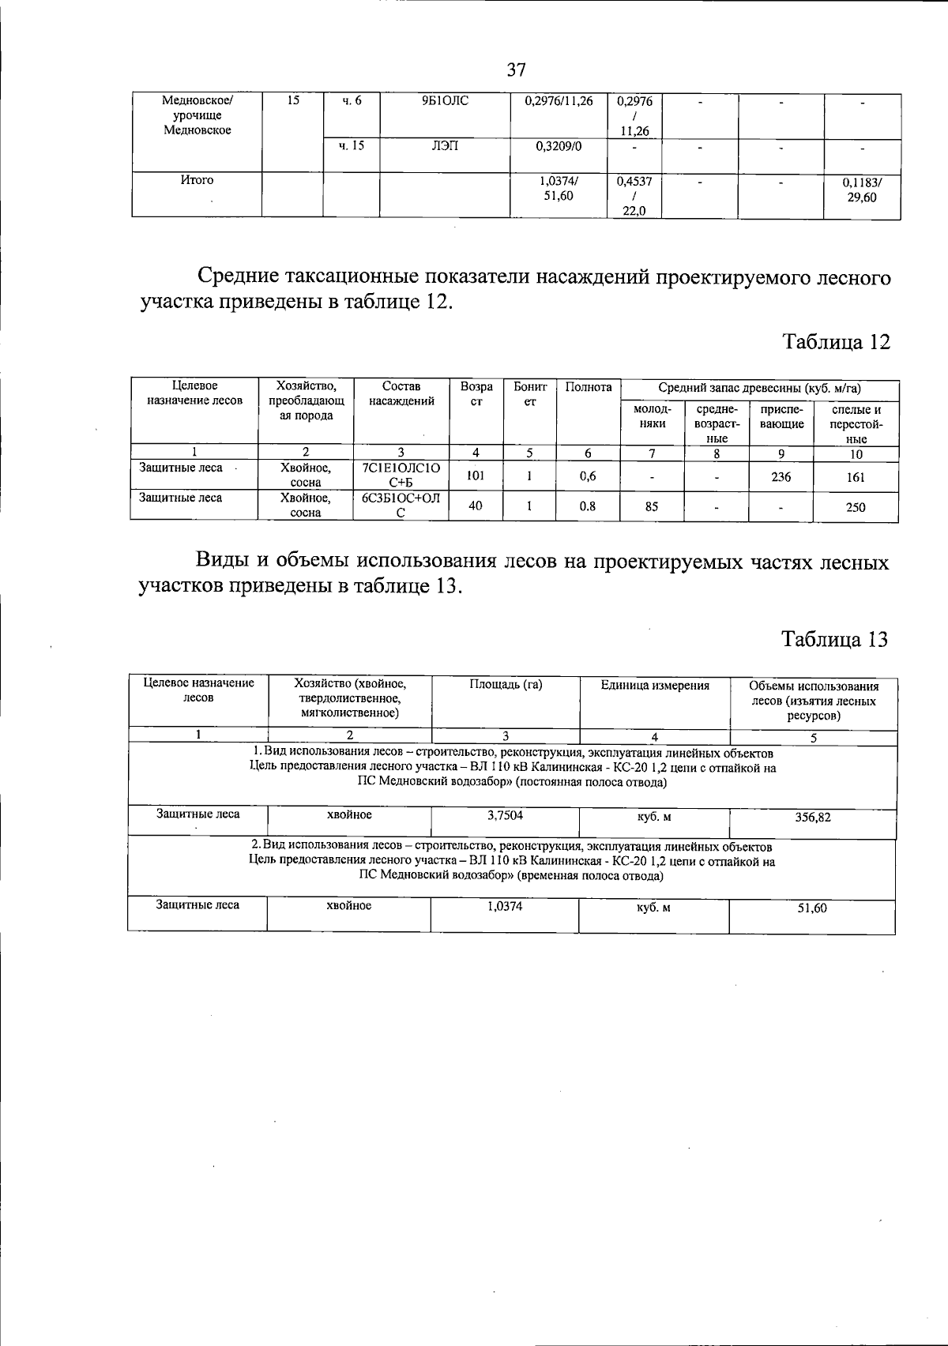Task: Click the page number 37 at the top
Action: click(x=516, y=70)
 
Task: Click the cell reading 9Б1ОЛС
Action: click(x=445, y=101)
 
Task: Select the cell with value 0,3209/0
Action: click(x=559, y=146)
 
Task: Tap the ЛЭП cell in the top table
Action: click(x=445, y=146)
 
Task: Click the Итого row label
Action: click(x=197, y=180)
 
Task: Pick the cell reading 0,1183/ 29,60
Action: click(x=862, y=190)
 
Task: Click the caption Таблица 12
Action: click(x=836, y=342)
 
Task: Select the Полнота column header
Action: click(x=589, y=388)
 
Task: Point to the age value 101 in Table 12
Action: click(x=476, y=476)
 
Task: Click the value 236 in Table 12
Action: click(x=781, y=477)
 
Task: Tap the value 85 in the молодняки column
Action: click(x=651, y=506)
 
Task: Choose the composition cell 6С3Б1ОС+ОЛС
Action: click(x=401, y=506)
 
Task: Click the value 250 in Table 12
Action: click(x=856, y=507)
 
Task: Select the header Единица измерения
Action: click(x=654, y=686)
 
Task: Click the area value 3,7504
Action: click(x=505, y=815)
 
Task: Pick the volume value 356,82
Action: click(x=812, y=818)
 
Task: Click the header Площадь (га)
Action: click(x=506, y=685)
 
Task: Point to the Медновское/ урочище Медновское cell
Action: click(x=197, y=115)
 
